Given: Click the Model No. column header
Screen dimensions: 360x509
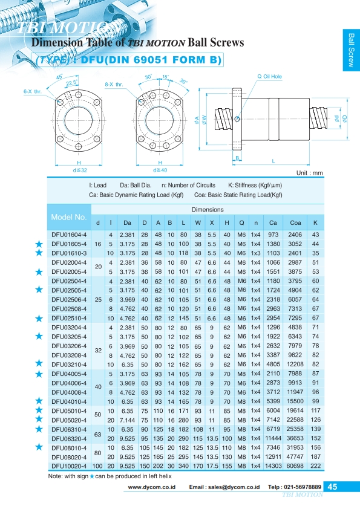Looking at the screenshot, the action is [69, 217].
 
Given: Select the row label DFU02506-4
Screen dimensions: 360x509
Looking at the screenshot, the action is [69, 300].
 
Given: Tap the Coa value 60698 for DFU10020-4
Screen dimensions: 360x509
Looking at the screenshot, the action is [295, 466].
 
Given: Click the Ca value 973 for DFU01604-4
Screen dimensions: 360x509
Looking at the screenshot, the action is [273, 235].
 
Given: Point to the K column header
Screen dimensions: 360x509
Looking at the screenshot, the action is [315, 222].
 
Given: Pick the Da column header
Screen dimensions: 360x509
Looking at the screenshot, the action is [128, 222].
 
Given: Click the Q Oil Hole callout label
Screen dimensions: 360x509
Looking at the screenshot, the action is [269, 77].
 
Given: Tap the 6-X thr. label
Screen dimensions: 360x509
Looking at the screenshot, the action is [33, 91].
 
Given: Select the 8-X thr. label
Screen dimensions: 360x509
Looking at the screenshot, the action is [114, 85].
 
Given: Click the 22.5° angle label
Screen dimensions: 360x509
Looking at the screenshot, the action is [71, 83].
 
